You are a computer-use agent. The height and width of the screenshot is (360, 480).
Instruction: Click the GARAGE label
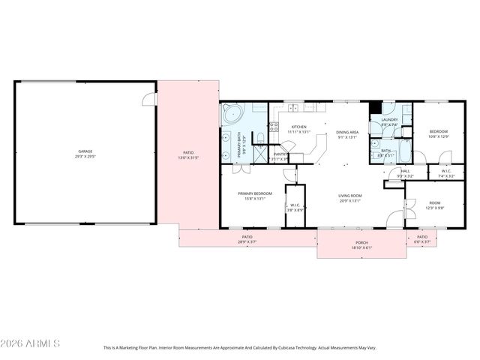[83, 151]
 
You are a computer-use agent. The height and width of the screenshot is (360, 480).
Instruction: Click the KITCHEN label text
[298, 127]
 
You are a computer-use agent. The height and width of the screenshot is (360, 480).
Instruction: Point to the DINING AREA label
[347, 133]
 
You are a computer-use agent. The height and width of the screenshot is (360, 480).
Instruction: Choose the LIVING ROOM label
[349, 196]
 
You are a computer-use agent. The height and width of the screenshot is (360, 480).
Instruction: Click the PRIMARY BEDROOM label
[256, 193]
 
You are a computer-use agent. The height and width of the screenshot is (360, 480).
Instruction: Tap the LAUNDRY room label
[389, 120]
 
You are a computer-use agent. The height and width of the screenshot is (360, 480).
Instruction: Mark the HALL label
[405, 171]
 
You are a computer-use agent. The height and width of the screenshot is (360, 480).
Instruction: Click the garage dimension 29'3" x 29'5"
[83, 157]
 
